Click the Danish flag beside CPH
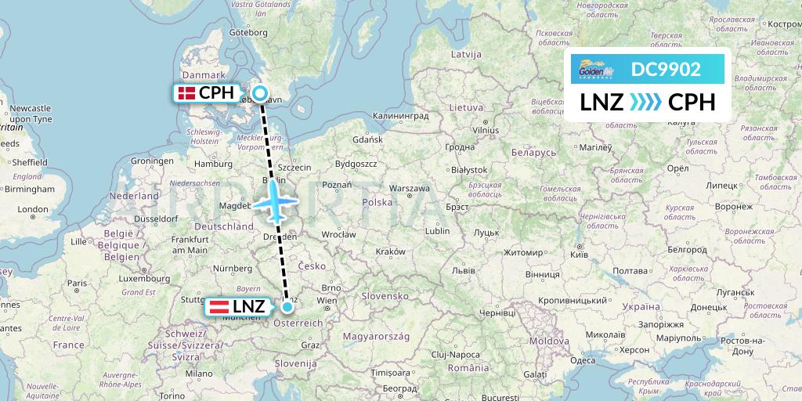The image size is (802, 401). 186,93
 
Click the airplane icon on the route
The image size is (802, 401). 274,201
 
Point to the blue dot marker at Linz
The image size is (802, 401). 287,306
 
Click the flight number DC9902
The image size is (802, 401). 666,70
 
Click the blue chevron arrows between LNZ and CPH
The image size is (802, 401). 645,103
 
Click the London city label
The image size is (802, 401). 33,209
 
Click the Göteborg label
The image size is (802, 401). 250,33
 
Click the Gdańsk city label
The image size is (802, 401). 367,139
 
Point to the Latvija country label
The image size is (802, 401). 465,54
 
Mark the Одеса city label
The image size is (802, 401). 583,360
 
